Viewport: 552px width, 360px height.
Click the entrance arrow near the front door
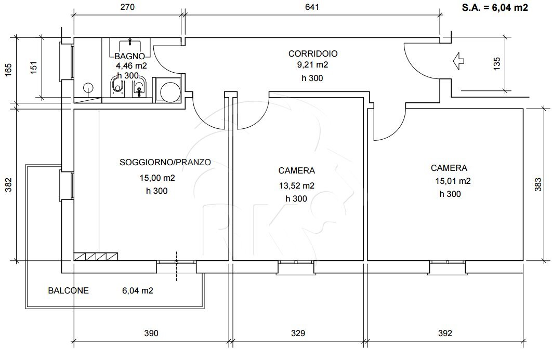pos(458,61)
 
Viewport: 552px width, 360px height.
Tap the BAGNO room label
pos(129,56)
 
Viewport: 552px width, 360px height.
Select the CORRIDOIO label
pos(313,54)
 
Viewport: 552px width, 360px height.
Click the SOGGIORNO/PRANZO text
pos(165,162)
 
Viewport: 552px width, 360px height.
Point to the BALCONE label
pos(68,291)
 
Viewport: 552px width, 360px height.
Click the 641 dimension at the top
pos(312,7)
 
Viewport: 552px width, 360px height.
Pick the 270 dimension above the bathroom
pos(127,7)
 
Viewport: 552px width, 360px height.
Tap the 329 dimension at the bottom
pos(298,333)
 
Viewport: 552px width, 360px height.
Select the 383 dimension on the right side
pos(538,184)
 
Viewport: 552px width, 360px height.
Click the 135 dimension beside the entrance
pos(497,64)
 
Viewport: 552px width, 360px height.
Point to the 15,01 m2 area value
pos(453,181)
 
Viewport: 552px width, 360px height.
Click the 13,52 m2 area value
pos(297,185)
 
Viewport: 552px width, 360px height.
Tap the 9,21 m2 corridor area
pos(312,65)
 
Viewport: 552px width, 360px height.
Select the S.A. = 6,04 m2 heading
pos(495,7)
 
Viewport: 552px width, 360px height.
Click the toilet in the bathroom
pos(117,87)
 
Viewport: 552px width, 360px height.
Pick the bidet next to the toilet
pos(139,88)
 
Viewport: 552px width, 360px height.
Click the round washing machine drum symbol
pos(170,91)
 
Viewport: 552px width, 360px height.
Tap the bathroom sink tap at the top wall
pos(130,42)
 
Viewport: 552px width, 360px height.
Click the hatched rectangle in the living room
pos(96,257)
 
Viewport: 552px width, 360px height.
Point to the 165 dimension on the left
pos(8,69)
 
